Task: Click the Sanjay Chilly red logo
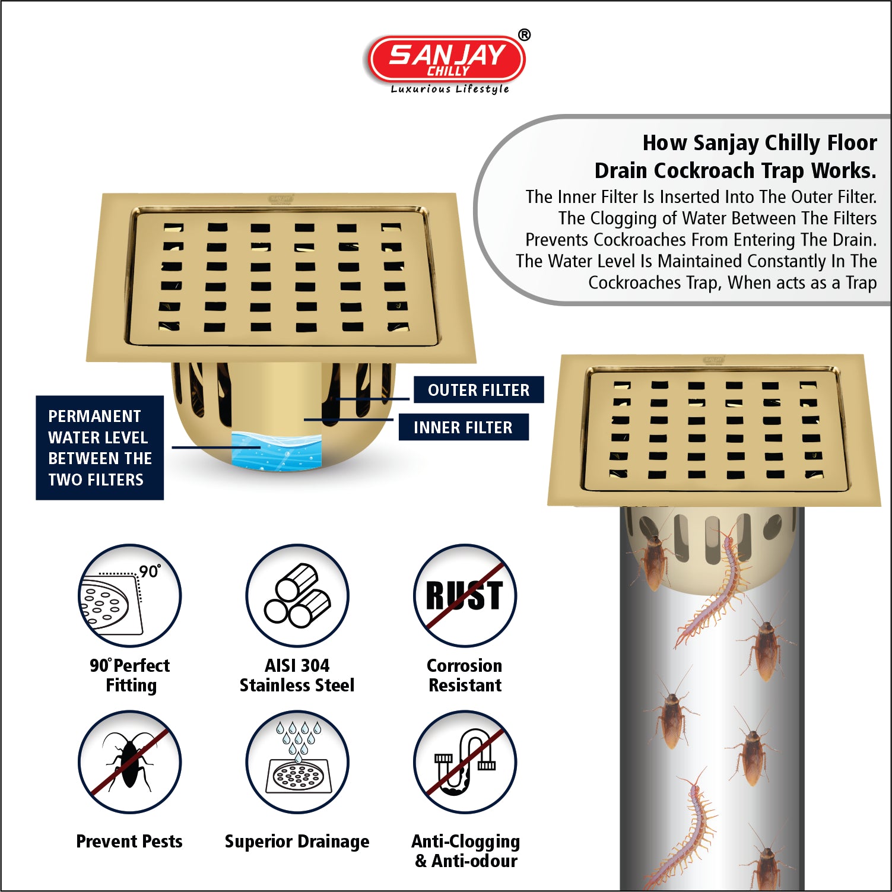(446, 59)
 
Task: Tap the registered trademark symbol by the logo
(524, 35)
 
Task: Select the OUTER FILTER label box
(478, 390)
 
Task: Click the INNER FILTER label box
(463, 427)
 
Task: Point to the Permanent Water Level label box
(100, 447)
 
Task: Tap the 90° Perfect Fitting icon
(130, 595)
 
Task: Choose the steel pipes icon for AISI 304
(297, 595)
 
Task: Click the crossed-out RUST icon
(465, 595)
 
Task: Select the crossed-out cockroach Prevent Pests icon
(130, 762)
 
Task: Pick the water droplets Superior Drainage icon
(297, 762)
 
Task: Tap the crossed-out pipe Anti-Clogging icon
(465, 762)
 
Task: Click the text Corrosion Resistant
(465, 675)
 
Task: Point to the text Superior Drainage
(297, 842)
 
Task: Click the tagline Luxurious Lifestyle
(450, 89)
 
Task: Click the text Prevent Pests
(129, 841)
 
